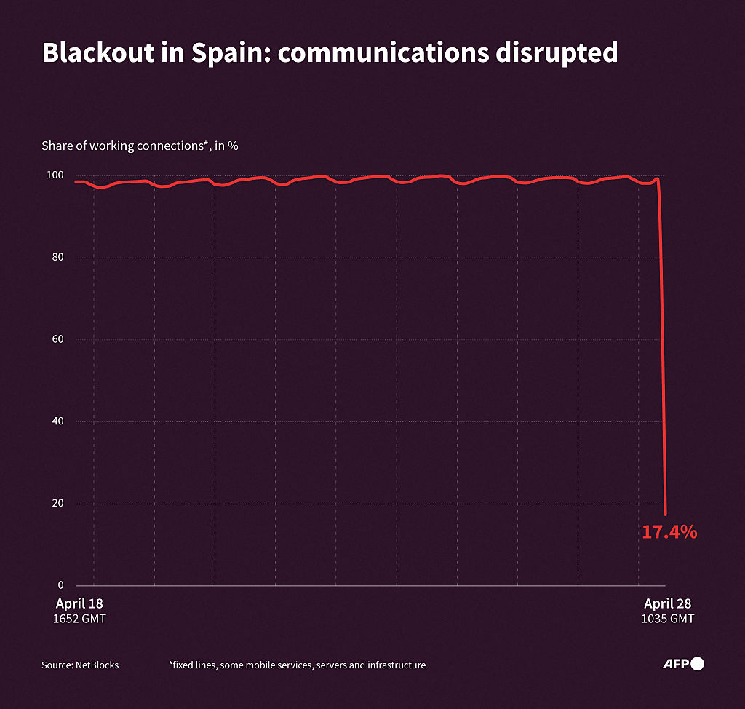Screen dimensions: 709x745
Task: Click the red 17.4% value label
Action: [x=669, y=532]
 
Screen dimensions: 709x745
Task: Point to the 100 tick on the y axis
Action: [x=56, y=175]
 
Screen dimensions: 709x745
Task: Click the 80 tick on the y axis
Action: [x=58, y=258]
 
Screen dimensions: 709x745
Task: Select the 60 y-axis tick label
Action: [x=58, y=339]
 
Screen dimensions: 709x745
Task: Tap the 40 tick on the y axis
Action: [x=58, y=421]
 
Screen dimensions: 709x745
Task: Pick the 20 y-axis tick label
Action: [x=58, y=503]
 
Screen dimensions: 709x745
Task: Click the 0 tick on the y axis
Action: [x=61, y=585]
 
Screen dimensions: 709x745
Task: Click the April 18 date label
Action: [x=79, y=603]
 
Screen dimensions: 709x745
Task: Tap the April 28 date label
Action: [x=667, y=603]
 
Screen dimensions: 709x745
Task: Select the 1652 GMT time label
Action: [x=79, y=619]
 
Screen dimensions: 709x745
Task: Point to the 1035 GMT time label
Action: [x=667, y=619]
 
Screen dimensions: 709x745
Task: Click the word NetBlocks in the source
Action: [x=97, y=665]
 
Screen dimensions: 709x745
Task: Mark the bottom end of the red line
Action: [x=665, y=514]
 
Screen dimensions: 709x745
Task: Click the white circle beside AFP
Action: [x=697, y=663]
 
